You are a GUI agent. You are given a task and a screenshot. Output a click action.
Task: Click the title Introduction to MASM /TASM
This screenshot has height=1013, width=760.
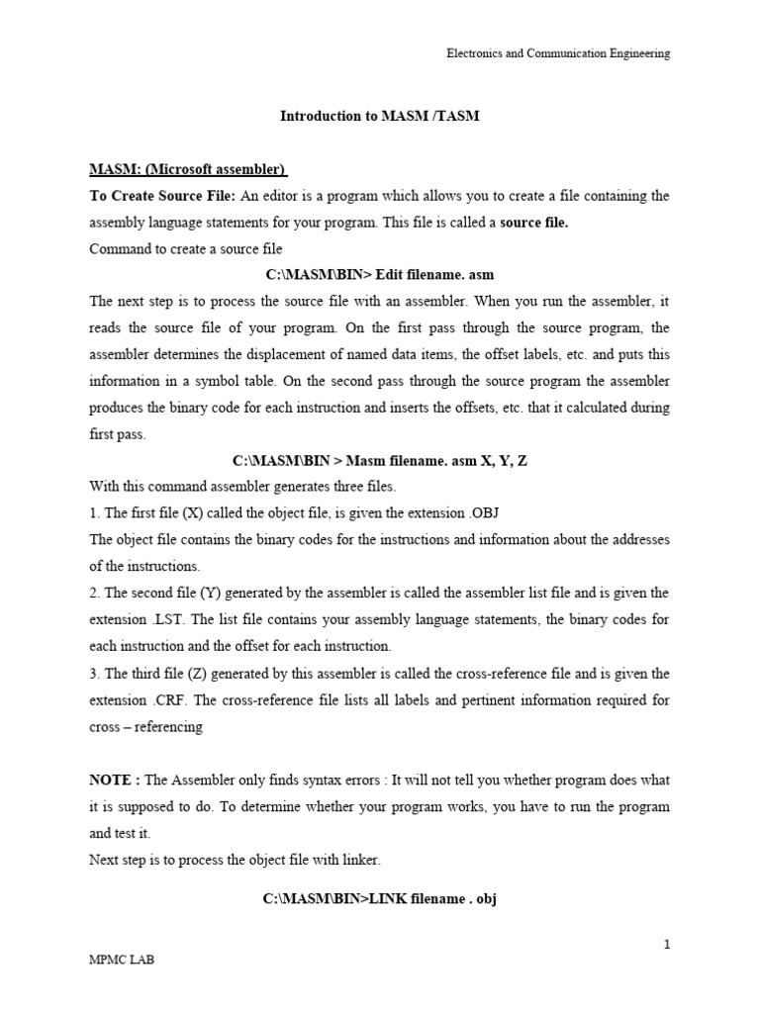pos(380,116)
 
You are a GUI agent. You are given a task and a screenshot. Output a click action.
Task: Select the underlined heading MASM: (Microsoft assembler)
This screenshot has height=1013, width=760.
pos(188,170)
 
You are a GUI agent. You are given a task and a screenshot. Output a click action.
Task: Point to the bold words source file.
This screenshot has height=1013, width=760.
pos(534,223)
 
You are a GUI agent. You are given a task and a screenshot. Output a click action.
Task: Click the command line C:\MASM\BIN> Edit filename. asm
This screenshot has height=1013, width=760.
pos(380,276)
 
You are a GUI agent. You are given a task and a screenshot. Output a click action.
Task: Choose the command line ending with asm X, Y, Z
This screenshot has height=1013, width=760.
pos(380,461)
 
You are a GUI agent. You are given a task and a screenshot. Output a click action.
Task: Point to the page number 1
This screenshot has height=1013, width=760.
pos(667,944)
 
